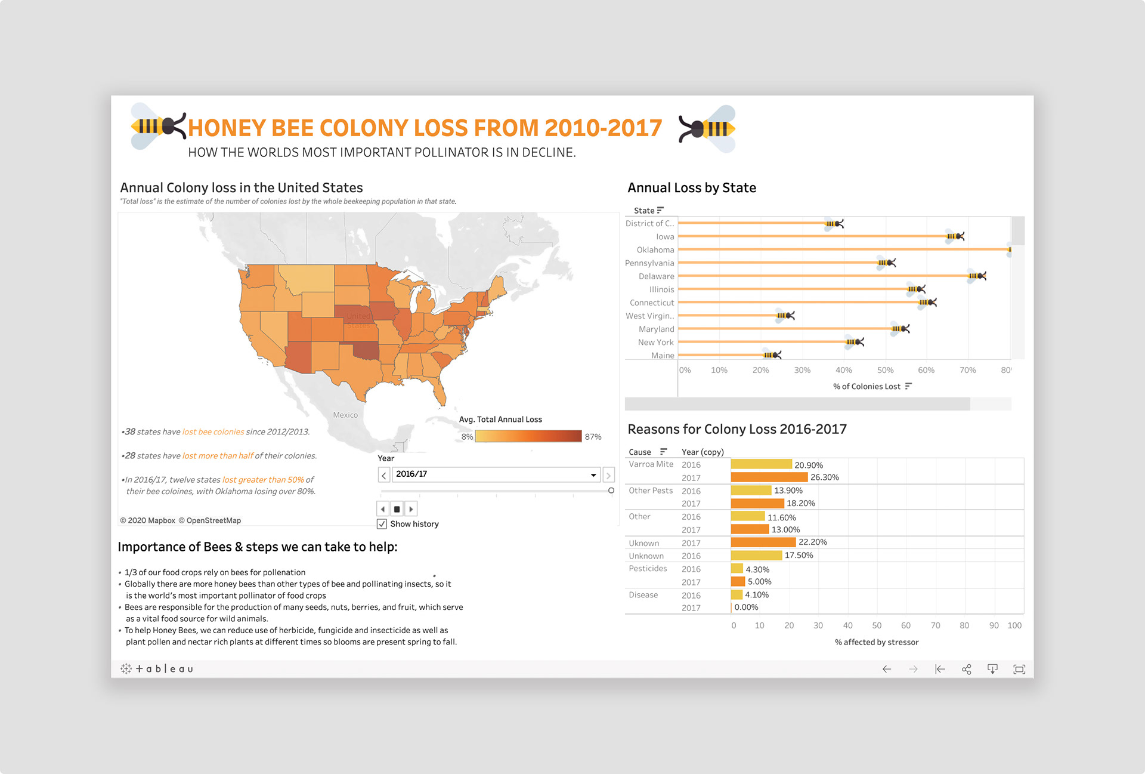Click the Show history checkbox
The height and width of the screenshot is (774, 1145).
tap(382, 524)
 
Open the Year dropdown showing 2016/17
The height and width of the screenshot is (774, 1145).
tap(496, 474)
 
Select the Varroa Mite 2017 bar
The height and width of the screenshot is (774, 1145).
tap(769, 477)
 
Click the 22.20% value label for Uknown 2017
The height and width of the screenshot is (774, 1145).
tap(812, 542)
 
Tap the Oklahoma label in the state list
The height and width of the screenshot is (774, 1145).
tap(655, 250)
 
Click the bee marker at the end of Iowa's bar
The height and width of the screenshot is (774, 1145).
tap(955, 236)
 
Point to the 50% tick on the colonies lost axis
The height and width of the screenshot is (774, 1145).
tap(885, 371)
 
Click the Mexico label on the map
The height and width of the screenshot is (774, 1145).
tap(345, 415)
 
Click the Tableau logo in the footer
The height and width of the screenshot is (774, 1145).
tap(157, 669)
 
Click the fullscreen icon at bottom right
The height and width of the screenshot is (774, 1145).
tap(1019, 669)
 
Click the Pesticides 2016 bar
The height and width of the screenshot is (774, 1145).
tap(736, 569)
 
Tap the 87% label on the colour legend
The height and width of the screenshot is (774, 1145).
tap(593, 437)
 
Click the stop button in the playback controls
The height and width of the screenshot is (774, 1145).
tap(397, 509)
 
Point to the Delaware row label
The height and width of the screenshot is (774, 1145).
tap(656, 276)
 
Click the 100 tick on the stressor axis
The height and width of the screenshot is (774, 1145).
tap(1014, 625)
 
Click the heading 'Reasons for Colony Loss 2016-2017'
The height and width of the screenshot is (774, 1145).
tap(736, 429)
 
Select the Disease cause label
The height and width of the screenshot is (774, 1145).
tap(643, 595)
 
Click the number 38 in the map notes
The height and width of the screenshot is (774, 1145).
tap(130, 431)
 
